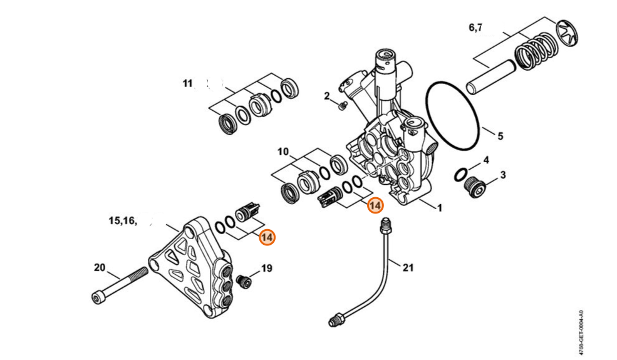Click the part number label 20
[x=100, y=267]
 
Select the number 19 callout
[x=267, y=269]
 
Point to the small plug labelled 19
[x=244, y=282]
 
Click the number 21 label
[x=408, y=268]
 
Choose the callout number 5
[x=500, y=136]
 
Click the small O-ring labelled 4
[x=461, y=175]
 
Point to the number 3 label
[x=503, y=175]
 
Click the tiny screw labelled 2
[x=343, y=105]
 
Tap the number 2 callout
[x=326, y=96]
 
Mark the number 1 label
[x=440, y=207]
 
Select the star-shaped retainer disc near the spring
[x=568, y=33]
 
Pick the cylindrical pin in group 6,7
[x=490, y=77]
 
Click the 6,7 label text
[x=475, y=28]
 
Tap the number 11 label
[x=187, y=83]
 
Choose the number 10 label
[x=283, y=152]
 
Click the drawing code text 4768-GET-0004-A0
[x=581, y=332]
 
